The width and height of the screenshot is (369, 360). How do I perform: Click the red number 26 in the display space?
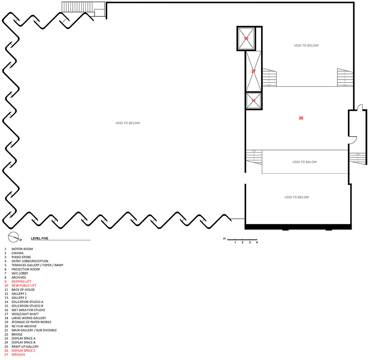click(301, 118)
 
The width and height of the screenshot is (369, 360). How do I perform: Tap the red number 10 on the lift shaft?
click(246, 38)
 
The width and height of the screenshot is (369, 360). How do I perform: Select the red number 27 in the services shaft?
click(253, 71)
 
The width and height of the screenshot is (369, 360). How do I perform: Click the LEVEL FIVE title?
click(40, 238)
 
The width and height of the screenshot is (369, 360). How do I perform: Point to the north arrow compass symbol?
click(14, 237)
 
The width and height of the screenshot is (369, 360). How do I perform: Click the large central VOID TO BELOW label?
click(128, 123)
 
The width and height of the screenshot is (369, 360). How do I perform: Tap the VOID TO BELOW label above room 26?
click(306, 45)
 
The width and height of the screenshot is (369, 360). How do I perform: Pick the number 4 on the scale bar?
click(257, 242)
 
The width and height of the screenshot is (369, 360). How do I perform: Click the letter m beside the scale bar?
click(224, 238)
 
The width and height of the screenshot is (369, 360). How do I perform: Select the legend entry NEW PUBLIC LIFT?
click(24, 285)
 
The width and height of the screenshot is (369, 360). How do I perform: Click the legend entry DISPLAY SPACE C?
click(23, 351)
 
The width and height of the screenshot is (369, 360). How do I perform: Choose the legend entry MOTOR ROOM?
click(22, 249)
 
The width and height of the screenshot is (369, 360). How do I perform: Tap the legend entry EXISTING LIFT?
click(22, 282)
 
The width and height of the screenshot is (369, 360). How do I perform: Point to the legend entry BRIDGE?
click(17, 334)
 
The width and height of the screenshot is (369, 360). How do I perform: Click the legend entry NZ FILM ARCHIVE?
click(24, 326)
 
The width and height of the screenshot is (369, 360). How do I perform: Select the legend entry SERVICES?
click(18, 355)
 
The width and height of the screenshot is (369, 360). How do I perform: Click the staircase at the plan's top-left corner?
click(83, 9)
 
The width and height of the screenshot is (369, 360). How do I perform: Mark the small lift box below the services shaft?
click(253, 101)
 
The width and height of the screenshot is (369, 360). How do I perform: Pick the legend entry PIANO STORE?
click(21, 257)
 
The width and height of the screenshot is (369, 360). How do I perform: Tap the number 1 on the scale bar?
click(235, 242)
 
